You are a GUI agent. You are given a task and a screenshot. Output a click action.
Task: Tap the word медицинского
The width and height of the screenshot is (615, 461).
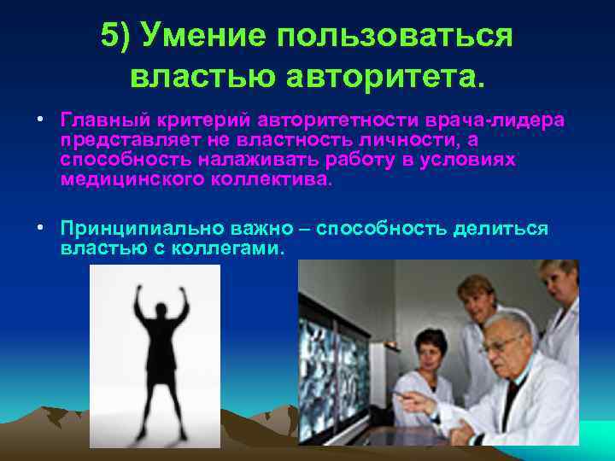(x=126, y=180)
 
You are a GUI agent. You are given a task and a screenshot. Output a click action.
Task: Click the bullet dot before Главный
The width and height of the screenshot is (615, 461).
(x=40, y=120)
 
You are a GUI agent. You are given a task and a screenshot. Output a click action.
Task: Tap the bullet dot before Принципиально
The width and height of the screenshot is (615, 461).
(x=40, y=229)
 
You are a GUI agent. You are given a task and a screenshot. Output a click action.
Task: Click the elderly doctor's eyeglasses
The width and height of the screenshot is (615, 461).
(x=503, y=343)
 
